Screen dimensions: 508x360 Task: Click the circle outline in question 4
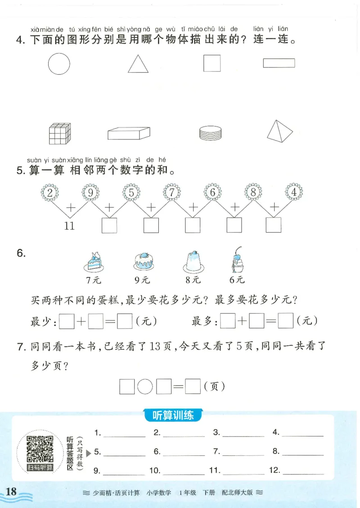(x=59, y=63)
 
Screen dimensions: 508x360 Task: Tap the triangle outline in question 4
(x=138, y=64)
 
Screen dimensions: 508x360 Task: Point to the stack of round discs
(x=210, y=133)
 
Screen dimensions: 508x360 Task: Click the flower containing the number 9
(x=90, y=192)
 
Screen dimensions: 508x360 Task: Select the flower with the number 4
(x=294, y=192)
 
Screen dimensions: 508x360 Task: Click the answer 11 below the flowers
(x=69, y=226)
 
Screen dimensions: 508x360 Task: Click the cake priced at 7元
(x=94, y=262)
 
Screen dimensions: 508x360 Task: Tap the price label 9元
(x=142, y=280)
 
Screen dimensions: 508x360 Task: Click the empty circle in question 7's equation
(x=145, y=386)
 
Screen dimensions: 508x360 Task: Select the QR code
(x=40, y=449)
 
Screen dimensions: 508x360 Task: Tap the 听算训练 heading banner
(x=173, y=415)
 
